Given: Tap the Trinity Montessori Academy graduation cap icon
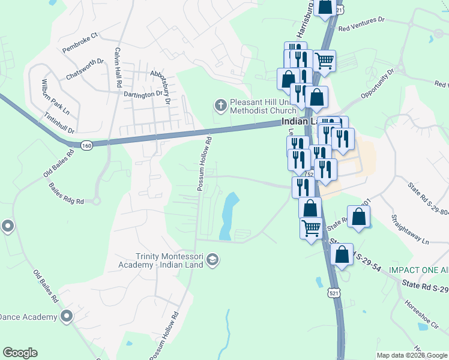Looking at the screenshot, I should click(211, 260).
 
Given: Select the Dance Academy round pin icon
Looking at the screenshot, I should click(66, 316).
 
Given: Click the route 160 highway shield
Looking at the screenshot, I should click(87, 145).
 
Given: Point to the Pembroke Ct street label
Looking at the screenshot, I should click(79, 46).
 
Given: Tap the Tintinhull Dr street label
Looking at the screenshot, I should click(59, 122).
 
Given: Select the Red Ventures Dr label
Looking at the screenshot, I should click(361, 23).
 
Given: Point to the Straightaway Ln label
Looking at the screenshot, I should click(410, 229).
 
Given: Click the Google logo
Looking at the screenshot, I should click(20, 353).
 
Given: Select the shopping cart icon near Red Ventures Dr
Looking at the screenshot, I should click(324, 60).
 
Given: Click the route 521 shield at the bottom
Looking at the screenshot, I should click(334, 292).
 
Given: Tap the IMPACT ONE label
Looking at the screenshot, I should click(418, 270).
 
